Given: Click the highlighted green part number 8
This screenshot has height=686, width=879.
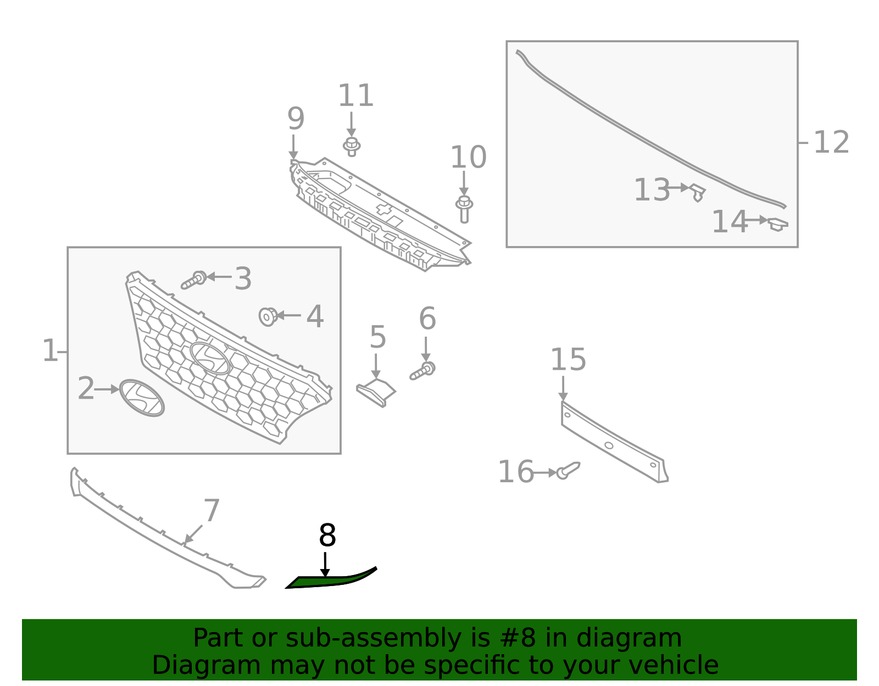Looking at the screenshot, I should [x=330, y=580].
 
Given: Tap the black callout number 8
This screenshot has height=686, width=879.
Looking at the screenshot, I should [x=327, y=536].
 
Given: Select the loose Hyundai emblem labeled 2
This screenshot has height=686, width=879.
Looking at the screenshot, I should [x=142, y=397].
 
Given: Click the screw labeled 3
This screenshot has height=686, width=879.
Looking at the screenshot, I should [x=194, y=280].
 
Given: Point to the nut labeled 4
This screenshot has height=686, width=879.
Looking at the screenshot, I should [x=268, y=316].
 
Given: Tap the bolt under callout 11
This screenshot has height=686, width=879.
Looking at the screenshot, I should [x=352, y=146].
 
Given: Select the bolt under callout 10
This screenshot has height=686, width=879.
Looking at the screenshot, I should [x=464, y=209].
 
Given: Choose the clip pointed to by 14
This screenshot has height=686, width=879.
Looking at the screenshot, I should [x=777, y=224].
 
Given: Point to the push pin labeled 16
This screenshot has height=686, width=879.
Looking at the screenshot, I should [x=568, y=471].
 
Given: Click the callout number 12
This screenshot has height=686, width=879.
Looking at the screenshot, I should [x=831, y=142].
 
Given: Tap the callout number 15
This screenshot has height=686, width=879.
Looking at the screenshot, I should [x=568, y=360].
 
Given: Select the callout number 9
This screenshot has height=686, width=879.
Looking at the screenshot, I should [x=296, y=118].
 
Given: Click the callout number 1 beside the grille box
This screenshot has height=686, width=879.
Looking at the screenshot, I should [x=49, y=350].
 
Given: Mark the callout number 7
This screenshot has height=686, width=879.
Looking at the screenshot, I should [x=212, y=510].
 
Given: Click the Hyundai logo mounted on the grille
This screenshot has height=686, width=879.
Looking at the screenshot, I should [x=210, y=358].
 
